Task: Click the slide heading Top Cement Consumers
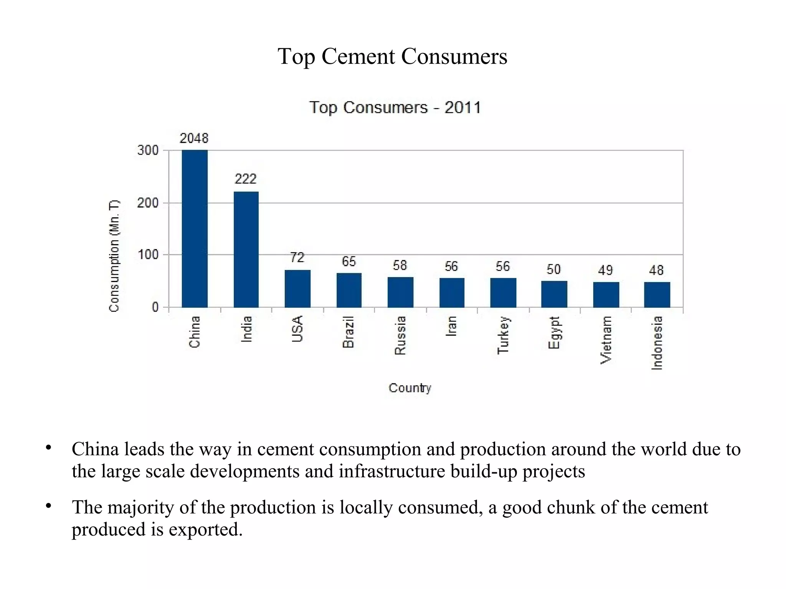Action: (392, 57)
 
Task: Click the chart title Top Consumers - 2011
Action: (395, 107)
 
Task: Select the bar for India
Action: (246, 249)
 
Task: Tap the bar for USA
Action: (297, 289)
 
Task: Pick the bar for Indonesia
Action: (657, 295)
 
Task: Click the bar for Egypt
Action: (554, 294)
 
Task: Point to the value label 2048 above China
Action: (194, 138)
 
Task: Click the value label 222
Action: (245, 179)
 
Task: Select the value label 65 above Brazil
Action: (349, 262)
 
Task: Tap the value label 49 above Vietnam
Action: (605, 271)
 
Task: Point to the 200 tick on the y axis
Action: (148, 203)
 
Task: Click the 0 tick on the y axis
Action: (155, 307)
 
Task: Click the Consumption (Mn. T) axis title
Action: (114, 256)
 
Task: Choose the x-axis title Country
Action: (410, 388)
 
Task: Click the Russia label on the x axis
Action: (400, 335)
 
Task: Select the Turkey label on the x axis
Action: (503, 335)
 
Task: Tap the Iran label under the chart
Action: (451, 326)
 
